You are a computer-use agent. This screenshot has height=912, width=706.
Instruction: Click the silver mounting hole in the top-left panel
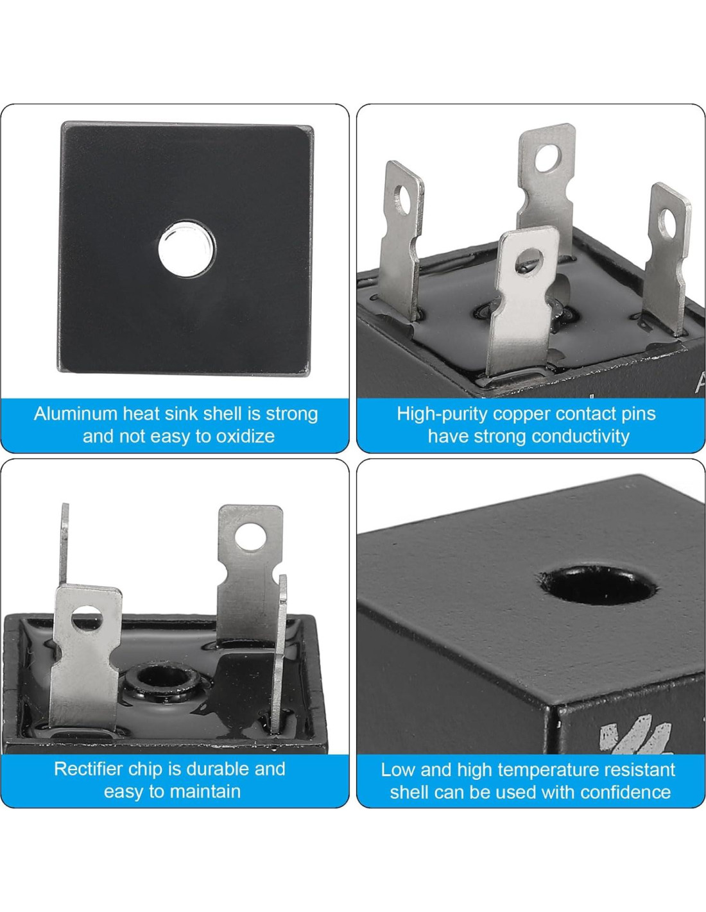coord(187,248)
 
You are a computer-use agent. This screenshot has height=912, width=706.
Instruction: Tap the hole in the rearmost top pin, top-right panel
coord(549,158)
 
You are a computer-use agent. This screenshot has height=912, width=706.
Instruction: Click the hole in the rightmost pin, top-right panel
coord(667,223)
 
